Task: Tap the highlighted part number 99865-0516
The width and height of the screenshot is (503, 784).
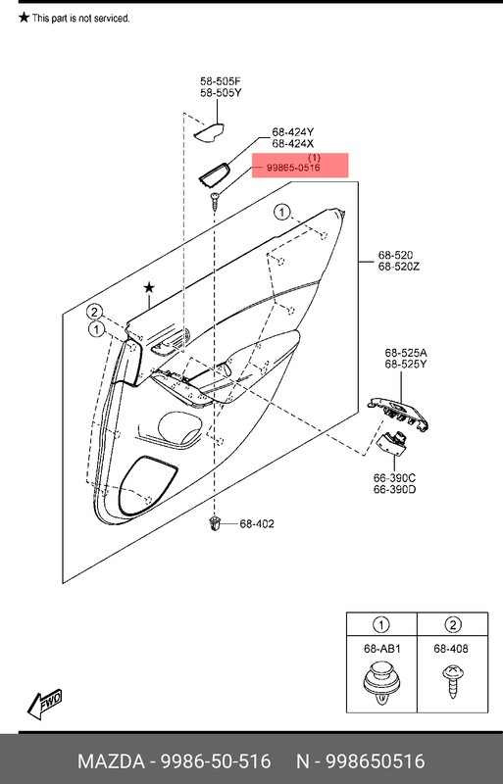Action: [293, 169]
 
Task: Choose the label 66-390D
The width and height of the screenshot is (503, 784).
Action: [395, 489]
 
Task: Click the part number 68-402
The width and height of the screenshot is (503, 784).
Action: [257, 524]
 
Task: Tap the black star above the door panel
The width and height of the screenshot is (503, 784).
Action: [149, 287]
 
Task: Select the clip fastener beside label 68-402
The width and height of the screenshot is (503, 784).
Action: [214, 524]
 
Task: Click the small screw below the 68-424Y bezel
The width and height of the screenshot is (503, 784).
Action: [213, 200]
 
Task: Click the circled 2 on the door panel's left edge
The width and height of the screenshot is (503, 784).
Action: [95, 312]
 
